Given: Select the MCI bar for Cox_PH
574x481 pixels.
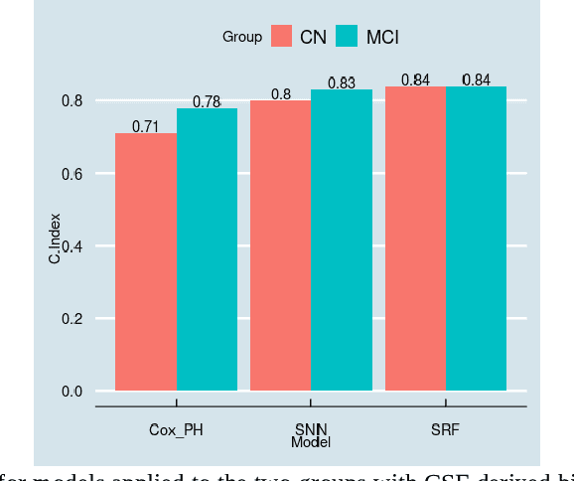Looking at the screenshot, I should (207, 249).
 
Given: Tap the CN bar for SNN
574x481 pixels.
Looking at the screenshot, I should (280, 245).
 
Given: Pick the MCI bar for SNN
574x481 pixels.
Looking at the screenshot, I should (342, 240).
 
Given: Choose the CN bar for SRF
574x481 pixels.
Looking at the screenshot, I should (415, 239).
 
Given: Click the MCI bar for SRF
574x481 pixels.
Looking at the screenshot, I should (477, 239).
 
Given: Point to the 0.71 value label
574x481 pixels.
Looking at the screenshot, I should (146, 126).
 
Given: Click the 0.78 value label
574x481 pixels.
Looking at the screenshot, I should (207, 101).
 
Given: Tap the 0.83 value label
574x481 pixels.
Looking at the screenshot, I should (341, 83).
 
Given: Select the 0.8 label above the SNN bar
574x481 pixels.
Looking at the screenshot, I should (281, 94).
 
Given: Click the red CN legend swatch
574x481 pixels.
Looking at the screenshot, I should (281, 37).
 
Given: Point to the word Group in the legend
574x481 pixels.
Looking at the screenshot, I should (242, 37).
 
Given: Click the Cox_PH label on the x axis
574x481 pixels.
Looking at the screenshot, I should (177, 429).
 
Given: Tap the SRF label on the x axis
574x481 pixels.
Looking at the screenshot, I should (446, 429).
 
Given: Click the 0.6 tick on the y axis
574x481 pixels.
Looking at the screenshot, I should (72, 174).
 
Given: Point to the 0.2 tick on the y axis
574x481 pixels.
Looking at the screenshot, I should (72, 319).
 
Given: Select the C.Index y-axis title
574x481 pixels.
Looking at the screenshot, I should (56, 239).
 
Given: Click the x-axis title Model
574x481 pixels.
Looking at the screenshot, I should (311, 442).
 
